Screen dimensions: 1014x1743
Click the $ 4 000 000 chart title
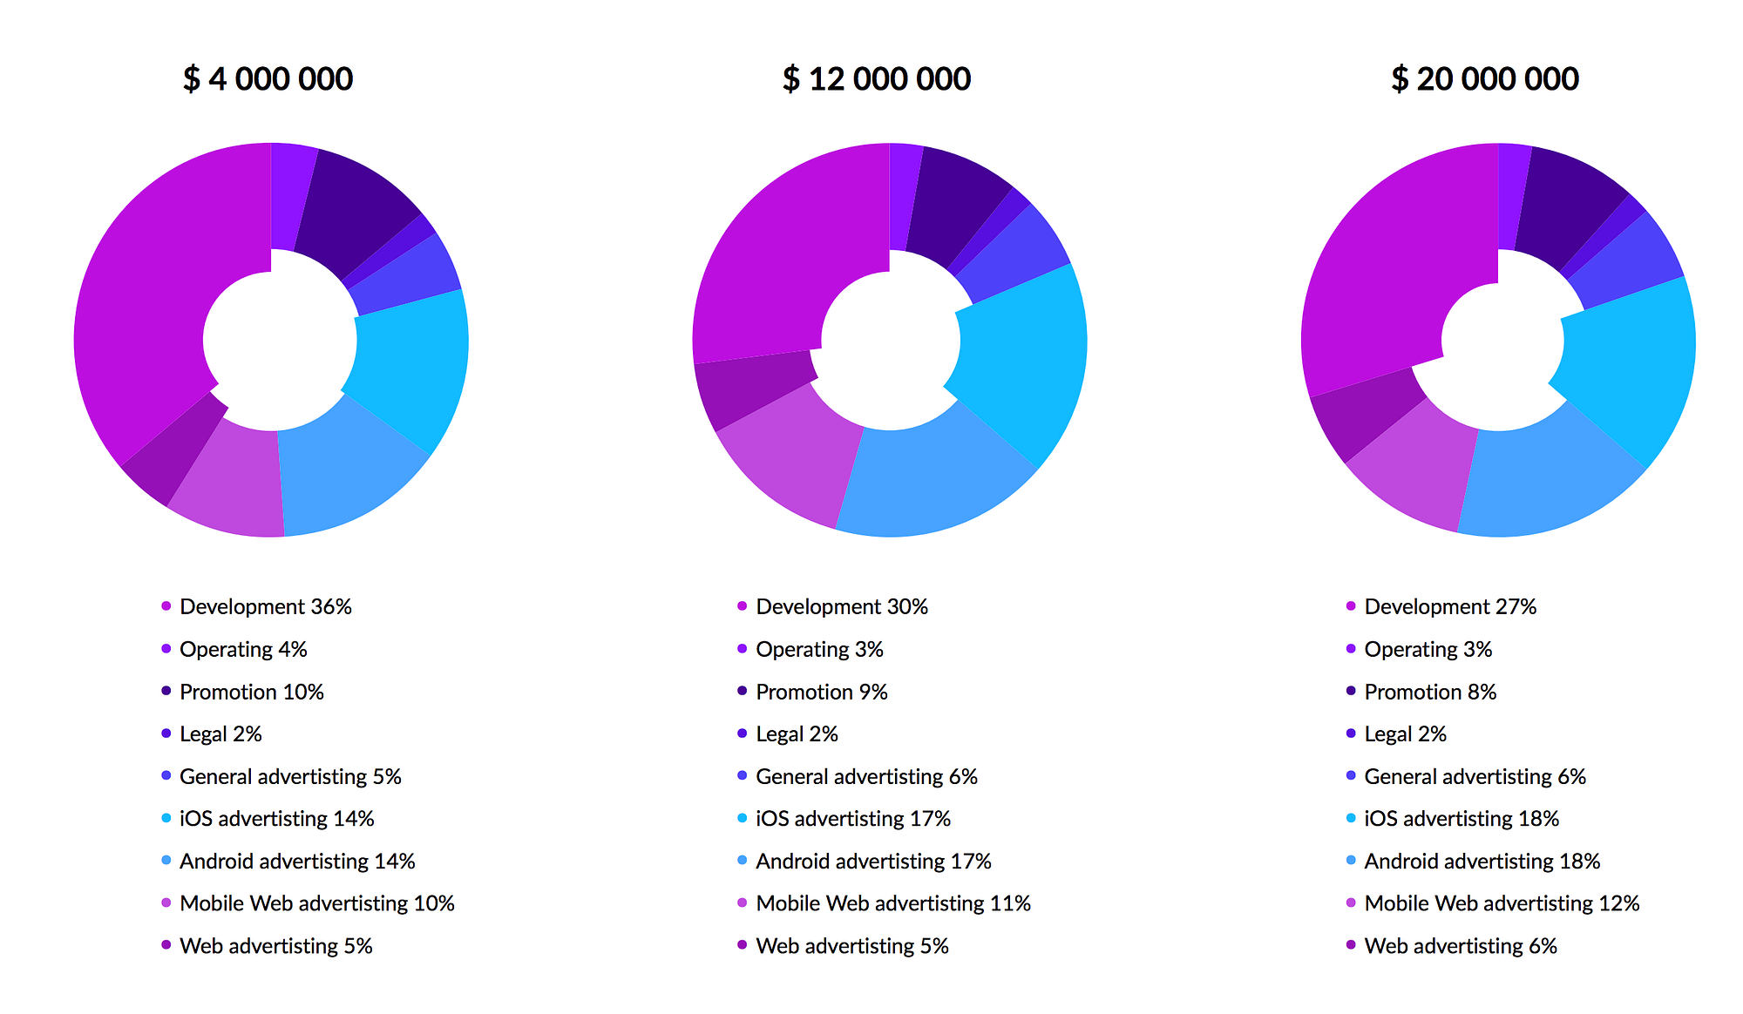coord(268,79)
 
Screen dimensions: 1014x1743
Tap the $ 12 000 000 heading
coord(876,79)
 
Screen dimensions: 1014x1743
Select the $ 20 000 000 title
coord(1484,79)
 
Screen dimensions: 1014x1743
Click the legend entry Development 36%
coord(265,606)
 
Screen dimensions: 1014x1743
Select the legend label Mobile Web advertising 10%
coord(316,903)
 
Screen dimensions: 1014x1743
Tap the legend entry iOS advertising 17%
coord(852,819)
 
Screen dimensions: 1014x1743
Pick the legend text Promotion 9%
coord(821,692)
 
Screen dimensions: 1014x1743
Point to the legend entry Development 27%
coord(1449,606)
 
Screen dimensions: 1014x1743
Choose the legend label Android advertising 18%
coord(1482,862)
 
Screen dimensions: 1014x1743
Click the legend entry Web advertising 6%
coord(1460,946)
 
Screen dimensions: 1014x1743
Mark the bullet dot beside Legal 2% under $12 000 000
coord(743,733)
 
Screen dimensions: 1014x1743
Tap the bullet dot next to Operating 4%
coord(166,649)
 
